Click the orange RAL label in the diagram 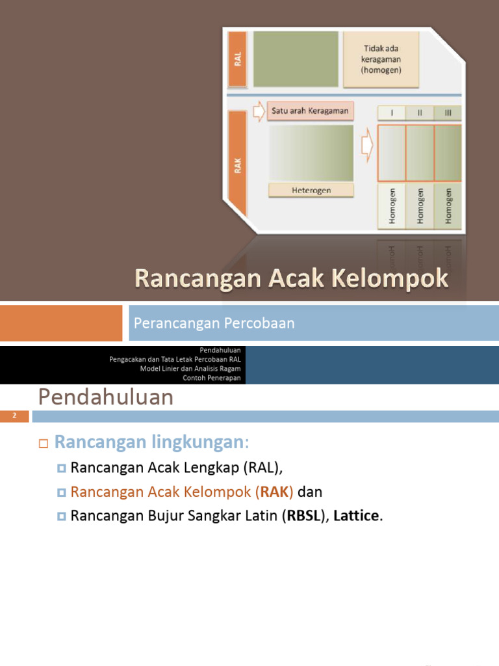(238, 60)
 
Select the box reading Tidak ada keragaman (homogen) (381, 59)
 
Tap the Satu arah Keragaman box (310, 111)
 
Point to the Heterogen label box (311, 190)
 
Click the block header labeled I (391, 113)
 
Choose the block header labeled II (420, 113)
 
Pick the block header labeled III (448, 113)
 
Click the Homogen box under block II (420, 206)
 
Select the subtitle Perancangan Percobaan (214, 323)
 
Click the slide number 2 (14, 416)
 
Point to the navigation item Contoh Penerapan (212, 378)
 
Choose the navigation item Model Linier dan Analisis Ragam (190, 369)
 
